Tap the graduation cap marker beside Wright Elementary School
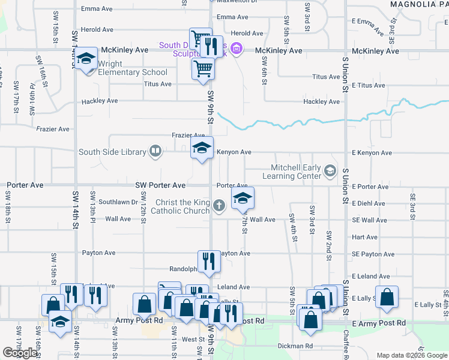(87, 59)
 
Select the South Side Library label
(112, 152)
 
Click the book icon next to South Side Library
(155, 152)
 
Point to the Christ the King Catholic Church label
(180, 206)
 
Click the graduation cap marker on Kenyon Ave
(202, 148)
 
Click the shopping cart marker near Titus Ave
(203, 68)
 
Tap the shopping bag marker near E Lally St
(387, 297)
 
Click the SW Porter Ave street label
(160, 185)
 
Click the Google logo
(20, 353)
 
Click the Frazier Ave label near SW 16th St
(53, 129)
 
